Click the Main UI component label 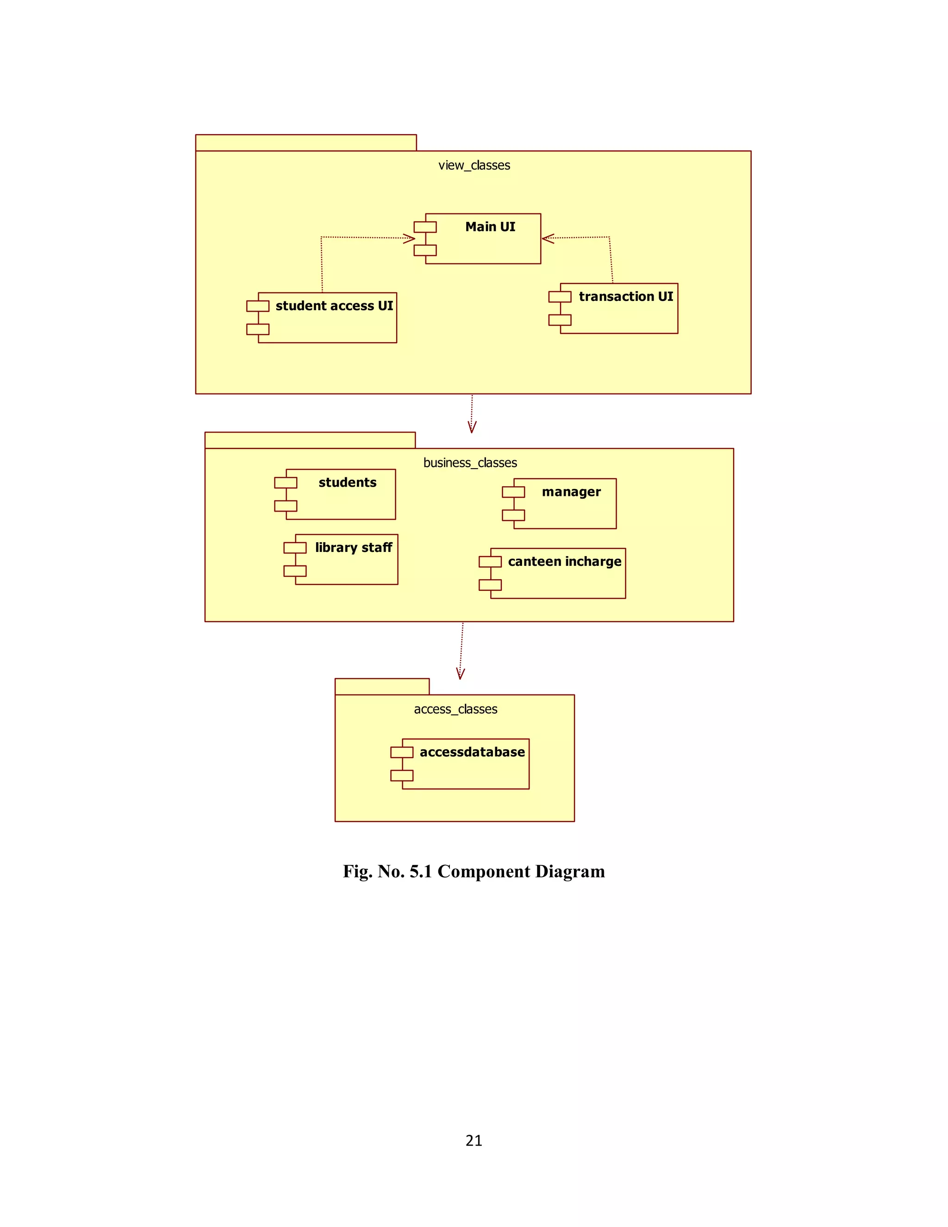click(x=490, y=227)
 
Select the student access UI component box click(x=327, y=319)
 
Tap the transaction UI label click(x=626, y=297)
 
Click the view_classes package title click(x=474, y=165)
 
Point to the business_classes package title click(x=470, y=463)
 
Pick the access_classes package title click(x=455, y=709)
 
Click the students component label click(x=347, y=482)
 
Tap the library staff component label click(x=353, y=548)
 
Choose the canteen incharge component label click(x=564, y=562)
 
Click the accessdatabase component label click(x=472, y=752)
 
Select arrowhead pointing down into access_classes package click(x=461, y=674)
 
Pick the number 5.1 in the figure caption click(x=421, y=871)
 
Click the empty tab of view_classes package click(x=306, y=143)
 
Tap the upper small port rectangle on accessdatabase click(x=401, y=752)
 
